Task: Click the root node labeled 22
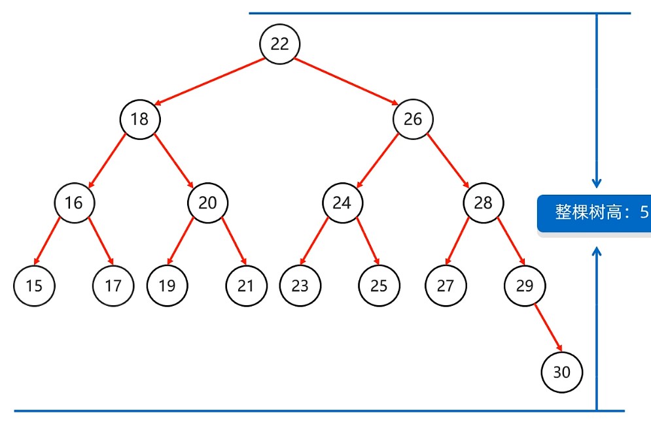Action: [279, 44]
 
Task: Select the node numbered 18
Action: [139, 119]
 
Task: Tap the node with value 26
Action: [413, 119]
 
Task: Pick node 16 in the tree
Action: [74, 203]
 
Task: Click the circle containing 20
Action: [207, 203]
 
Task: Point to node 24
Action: [342, 203]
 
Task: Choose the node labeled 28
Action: [483, 203]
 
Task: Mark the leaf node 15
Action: [34, 286]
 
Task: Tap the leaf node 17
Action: [113, 286]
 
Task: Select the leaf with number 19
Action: [167, 286]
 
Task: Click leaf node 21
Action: [246, 286]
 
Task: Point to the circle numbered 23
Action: [300, 286]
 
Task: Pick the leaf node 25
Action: [379, 286]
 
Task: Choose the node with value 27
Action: [445, 286]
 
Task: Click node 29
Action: [524, 286]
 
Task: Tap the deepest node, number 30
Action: [561, 372]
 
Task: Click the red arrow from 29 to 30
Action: [548, 329]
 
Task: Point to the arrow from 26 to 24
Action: [378, 161]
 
